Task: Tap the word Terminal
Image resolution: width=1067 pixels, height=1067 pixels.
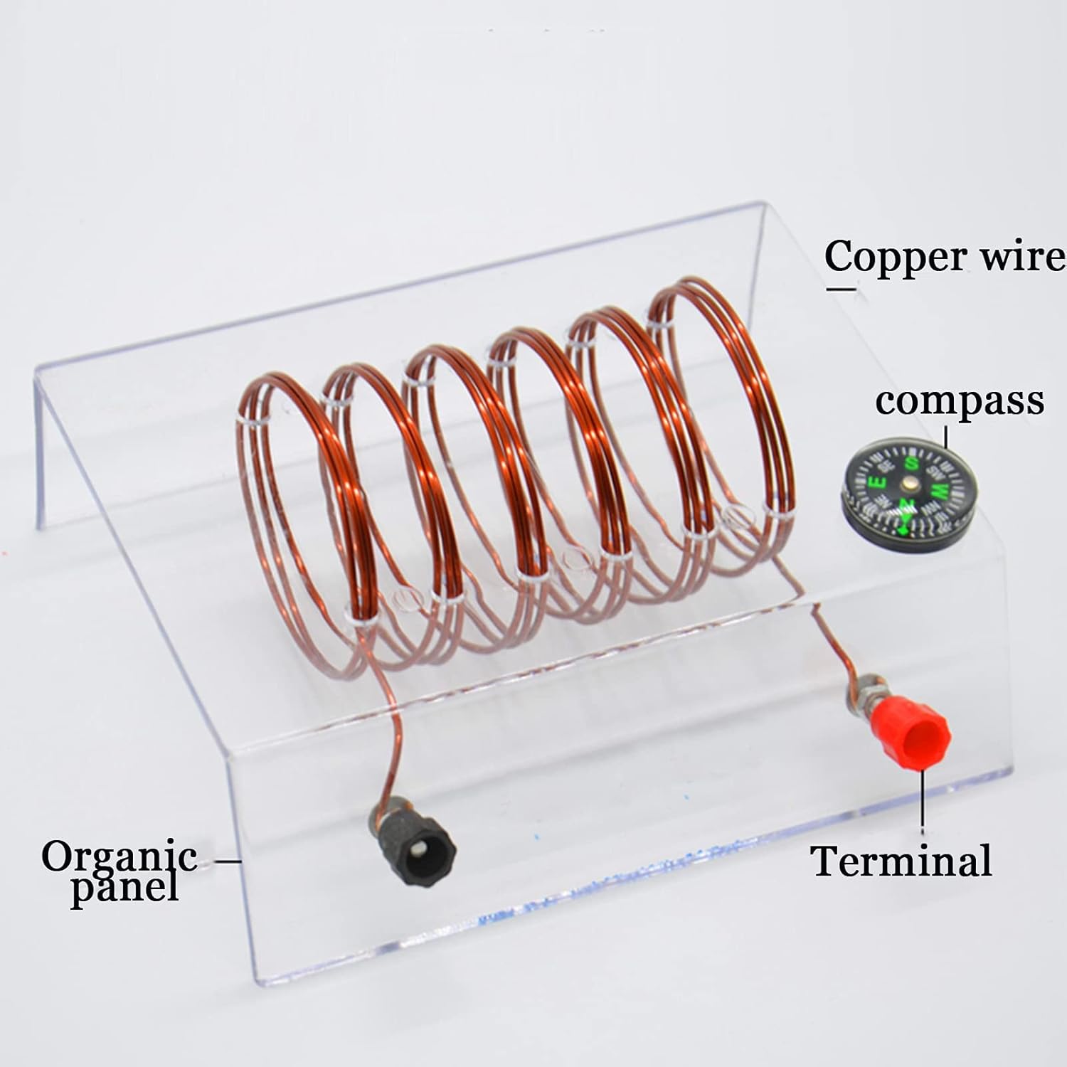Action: click(901, 860)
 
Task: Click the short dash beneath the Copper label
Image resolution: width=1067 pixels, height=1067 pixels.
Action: click(841, 288)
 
